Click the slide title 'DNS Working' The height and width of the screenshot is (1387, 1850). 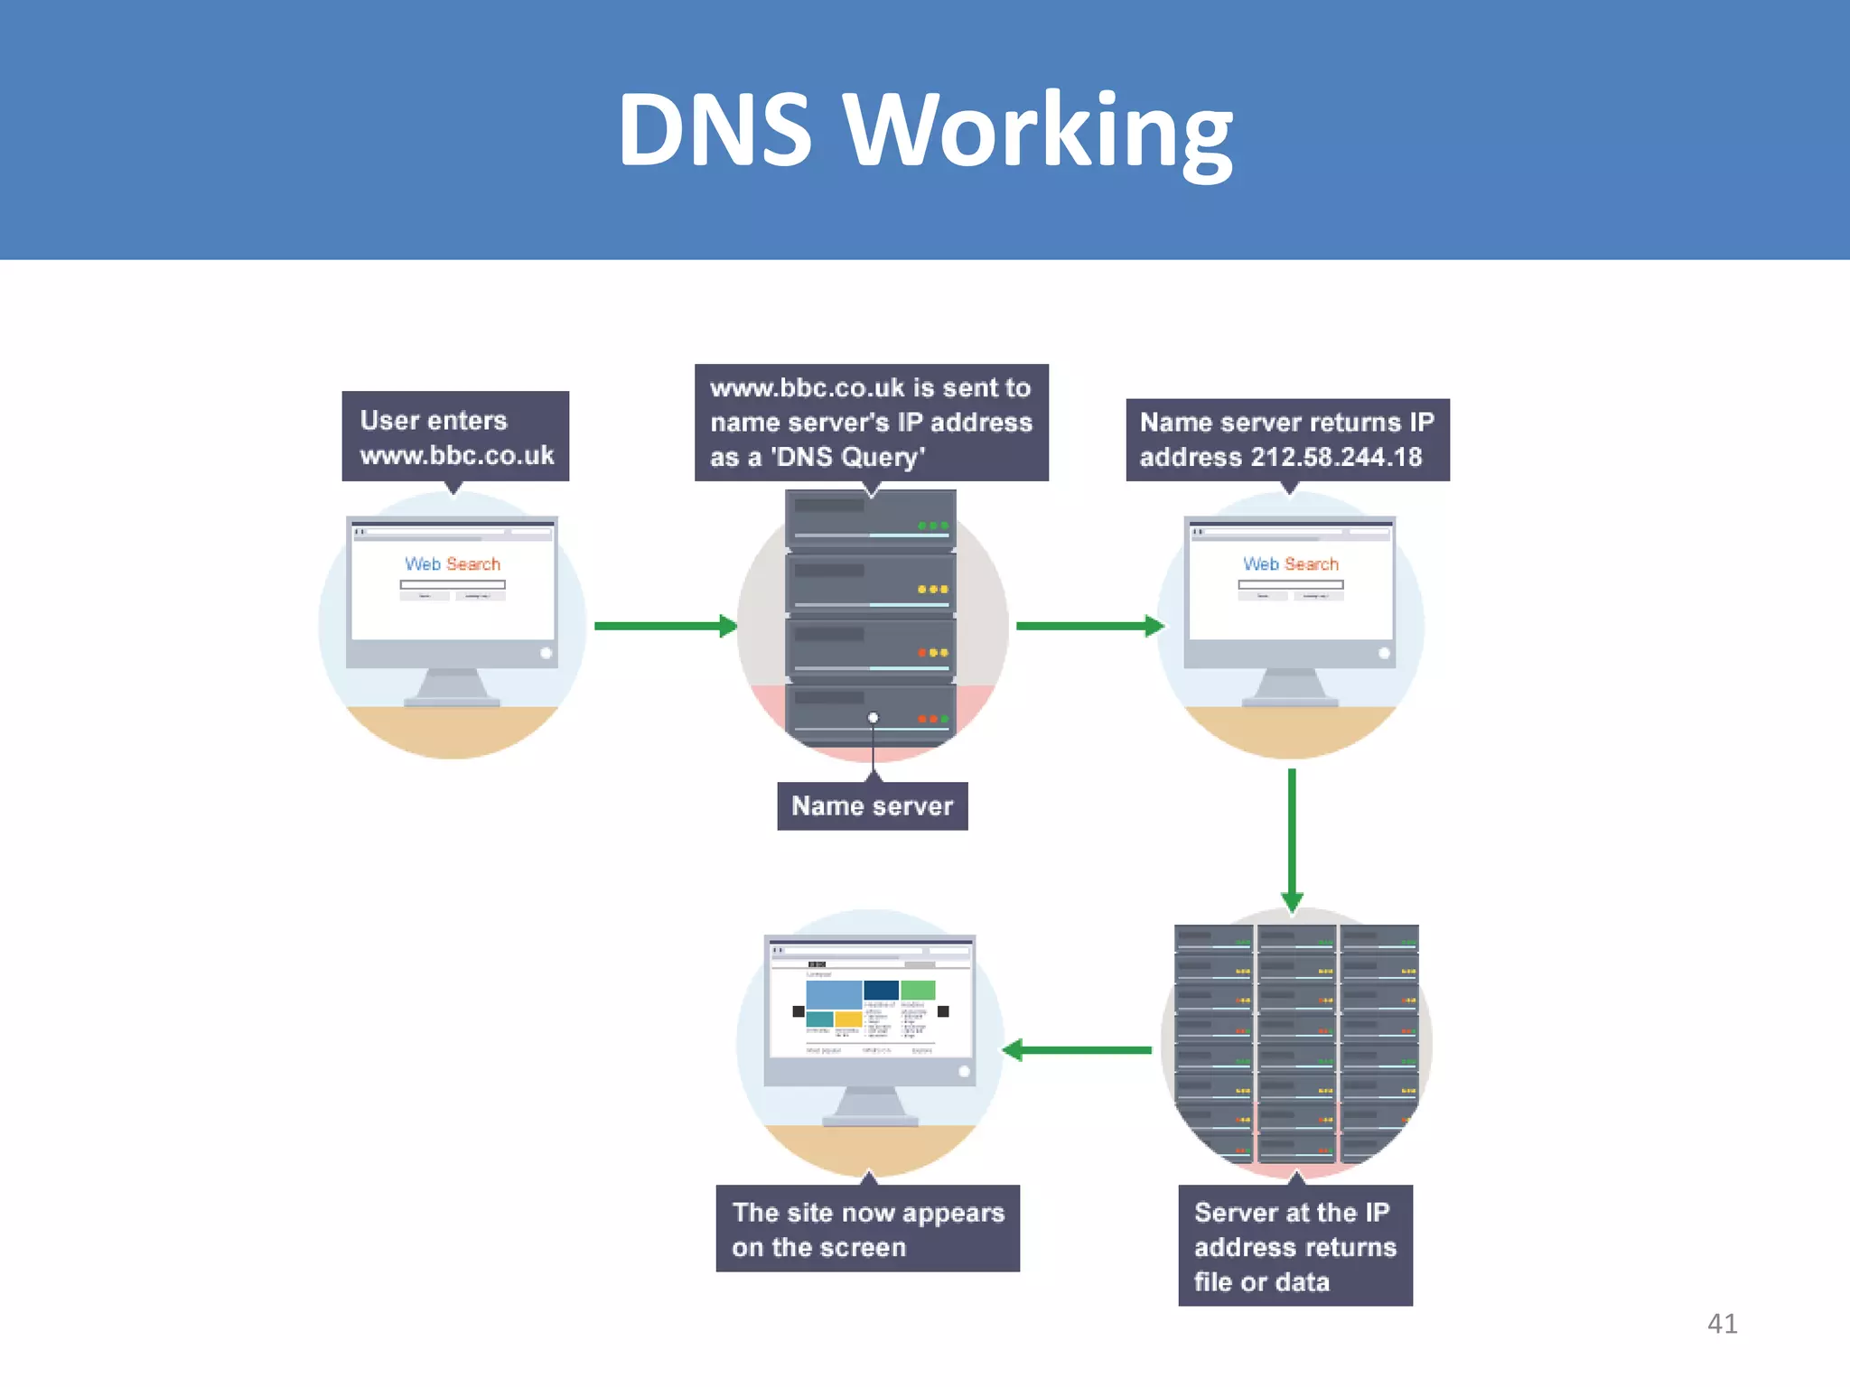coord(925,131)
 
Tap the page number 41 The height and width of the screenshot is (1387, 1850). coord(1722,1324)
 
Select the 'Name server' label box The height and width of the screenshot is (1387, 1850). coord(872,806)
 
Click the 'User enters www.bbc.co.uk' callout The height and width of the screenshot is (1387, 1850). coord(455,437)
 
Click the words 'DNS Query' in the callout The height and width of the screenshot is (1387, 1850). coord(847,458)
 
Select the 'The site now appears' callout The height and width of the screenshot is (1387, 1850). coord(867,1229)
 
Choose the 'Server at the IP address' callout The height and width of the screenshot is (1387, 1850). coord(1294,1246)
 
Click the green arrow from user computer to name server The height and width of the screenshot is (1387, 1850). coord(665,626)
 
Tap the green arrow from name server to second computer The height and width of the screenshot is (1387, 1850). coord(1089,626)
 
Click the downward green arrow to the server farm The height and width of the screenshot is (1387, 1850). coord(1292,840)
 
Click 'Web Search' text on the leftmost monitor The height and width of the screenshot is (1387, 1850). coord(453,564)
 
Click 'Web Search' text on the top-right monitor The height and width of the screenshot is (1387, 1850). coord(1290,564)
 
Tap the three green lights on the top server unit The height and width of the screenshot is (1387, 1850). coord(932,526)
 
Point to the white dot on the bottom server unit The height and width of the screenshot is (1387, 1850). coord(873,718)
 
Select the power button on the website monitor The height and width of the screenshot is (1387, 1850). coord(964,1072)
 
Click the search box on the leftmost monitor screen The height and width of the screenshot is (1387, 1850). coord(453,585)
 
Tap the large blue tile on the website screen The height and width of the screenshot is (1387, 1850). coord(833,994)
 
